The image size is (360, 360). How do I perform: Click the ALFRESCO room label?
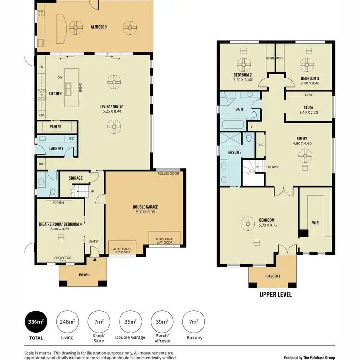point(99,27)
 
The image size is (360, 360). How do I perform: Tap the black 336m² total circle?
point(36,322)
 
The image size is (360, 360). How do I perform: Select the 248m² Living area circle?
point(68,322)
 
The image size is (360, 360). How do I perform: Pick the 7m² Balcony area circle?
point(193,322)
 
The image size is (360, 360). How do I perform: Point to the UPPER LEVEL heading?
point(276,295)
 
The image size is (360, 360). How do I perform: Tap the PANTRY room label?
point(56,127)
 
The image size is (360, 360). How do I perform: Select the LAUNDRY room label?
point(57,149)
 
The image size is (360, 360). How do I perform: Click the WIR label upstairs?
point(315,223)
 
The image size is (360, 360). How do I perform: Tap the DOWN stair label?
point(273,167)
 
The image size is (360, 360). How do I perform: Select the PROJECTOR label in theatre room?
point(63,258)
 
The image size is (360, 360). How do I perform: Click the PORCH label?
point(84,275)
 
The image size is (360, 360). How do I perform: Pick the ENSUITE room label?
point(235,152)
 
